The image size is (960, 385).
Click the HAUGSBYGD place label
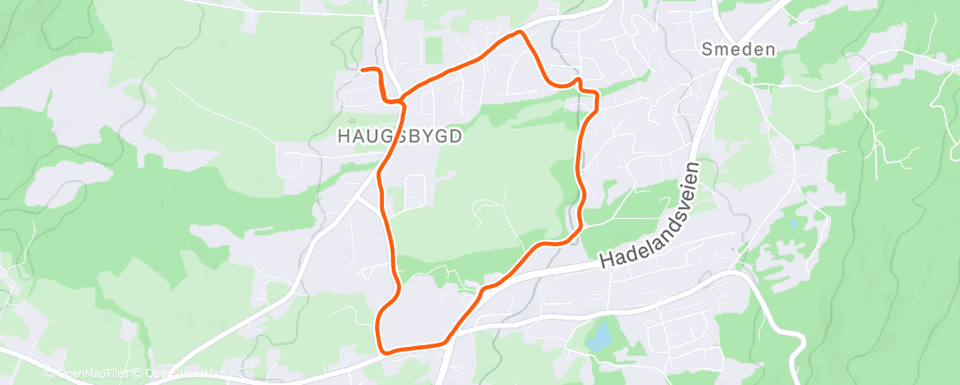(400, 137)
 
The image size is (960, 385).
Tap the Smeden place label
(739, 49)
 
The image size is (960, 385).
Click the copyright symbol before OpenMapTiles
(49, 374)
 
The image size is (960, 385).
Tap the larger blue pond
(599, 335)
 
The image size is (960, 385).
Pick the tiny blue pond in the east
(791, 223)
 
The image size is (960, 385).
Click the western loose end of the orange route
(364, 69)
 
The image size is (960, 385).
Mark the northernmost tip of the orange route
(520, 33)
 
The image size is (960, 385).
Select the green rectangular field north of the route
(432, 49)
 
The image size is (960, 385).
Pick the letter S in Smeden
(708, 49)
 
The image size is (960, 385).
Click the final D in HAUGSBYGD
(456, 137)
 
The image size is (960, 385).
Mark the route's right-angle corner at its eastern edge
(597, 93)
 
